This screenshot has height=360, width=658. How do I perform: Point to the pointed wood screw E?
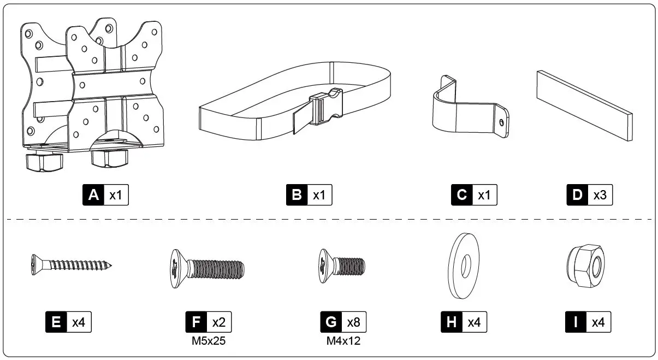click(71, 265)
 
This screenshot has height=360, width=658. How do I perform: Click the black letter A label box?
click(93, 195)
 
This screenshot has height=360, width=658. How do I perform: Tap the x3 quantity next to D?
click(599, 195)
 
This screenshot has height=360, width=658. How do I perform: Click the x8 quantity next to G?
click(354, 322)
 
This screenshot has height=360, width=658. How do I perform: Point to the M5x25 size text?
click(209, 341)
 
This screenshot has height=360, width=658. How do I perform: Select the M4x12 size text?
click(343, 341)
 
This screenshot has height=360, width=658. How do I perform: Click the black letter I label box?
click(576, 322)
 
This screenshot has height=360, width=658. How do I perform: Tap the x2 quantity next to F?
click(219, 322)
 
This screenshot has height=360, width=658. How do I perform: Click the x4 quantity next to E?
click(79, 322)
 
